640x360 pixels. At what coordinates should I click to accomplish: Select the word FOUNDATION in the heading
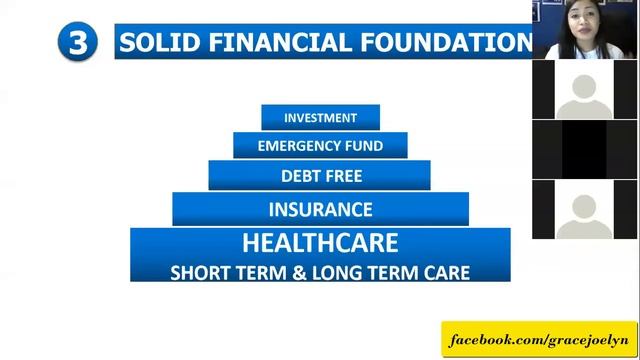click(444, 43)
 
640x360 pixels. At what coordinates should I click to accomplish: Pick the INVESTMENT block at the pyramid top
click(320, 117)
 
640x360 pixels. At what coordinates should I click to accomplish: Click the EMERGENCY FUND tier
click(320, 146)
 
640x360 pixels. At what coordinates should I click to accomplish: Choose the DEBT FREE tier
click(320, 176)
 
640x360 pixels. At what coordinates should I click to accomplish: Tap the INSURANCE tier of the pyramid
click(320, 210)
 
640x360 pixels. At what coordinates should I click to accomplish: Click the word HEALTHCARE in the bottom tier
click(320, 243)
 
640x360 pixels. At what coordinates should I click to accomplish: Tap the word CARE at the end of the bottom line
click(446, 271)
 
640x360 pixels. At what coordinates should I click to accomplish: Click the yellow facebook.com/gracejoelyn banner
click(540, 340)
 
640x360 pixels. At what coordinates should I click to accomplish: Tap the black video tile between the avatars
click(584, 150)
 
